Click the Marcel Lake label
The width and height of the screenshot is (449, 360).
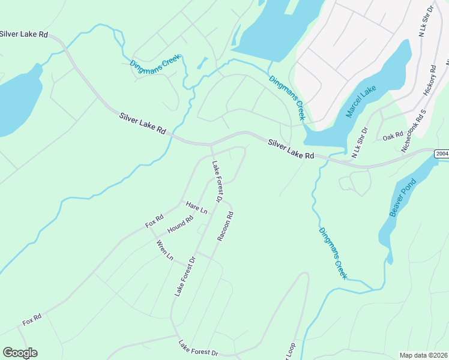(x=361, y=101)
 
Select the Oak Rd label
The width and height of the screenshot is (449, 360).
(x=393, y=137)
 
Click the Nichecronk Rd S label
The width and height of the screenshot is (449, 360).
(x=414, y=130)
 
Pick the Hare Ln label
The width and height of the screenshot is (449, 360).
(x=196, y=208)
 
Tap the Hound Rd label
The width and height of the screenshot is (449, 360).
(x=180, y=224)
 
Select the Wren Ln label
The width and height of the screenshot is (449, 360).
(x=164, y=250)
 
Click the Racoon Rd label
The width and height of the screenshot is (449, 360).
(x=224, y=226)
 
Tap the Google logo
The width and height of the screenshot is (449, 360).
(x=20, y=353)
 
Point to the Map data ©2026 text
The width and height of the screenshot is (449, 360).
(x=423, y=355)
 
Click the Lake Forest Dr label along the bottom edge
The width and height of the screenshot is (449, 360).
(x=198, y=347)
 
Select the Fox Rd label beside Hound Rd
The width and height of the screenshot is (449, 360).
(x=154, y=221)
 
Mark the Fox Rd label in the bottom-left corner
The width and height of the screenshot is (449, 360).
(x=32, y=319)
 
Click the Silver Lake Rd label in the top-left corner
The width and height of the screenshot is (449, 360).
(x=24, y=34)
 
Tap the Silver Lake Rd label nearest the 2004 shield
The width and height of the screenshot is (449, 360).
(x=291, y=149)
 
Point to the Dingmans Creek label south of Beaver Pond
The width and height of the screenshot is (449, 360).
(x=333, y=253)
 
